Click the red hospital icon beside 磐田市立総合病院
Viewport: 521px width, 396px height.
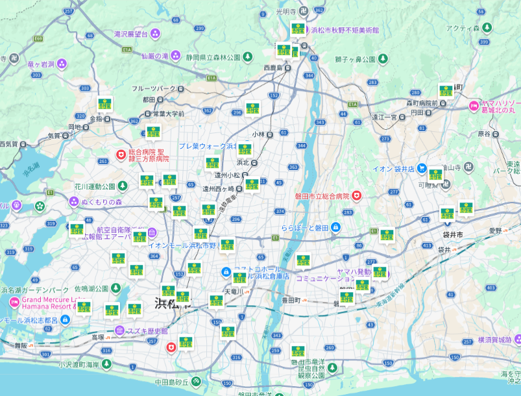coord(356,195)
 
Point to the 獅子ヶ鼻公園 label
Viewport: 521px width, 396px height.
coord(356,59)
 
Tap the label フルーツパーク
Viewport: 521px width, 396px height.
coord(154,88)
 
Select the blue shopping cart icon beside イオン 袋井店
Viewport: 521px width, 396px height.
coord(422,168)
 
